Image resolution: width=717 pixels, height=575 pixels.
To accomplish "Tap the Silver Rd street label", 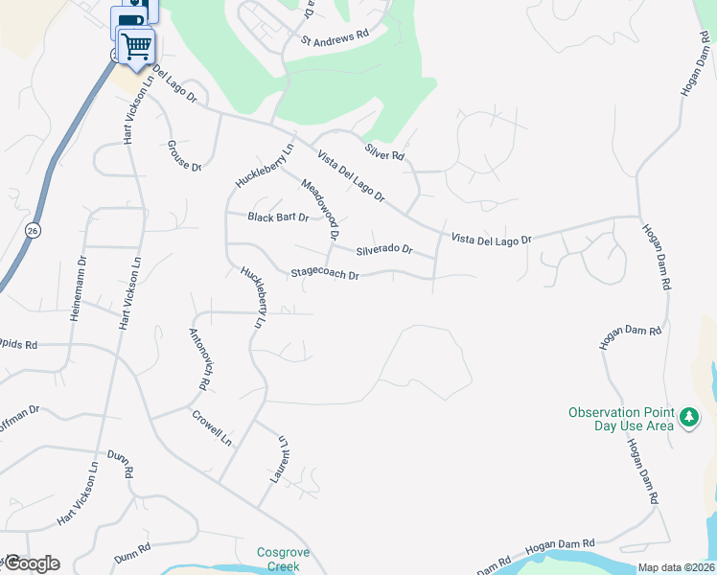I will (384, 151).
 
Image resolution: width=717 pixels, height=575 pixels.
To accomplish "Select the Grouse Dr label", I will (185, 155).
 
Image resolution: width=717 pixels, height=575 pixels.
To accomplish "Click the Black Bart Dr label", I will (278, 218).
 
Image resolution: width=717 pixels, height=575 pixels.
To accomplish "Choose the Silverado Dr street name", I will (383, 250).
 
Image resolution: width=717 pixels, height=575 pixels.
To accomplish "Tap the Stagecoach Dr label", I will (325, 275).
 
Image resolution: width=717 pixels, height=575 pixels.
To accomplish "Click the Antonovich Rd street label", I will (198, 359).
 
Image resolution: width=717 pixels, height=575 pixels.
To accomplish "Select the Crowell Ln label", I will (212, 428).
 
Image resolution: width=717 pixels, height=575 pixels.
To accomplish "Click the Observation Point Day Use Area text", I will (620, 419).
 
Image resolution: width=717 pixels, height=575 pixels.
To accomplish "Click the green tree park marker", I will (688, 418).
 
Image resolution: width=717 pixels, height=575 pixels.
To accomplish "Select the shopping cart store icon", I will (136, 44).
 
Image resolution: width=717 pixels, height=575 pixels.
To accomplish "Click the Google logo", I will (31, 563).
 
